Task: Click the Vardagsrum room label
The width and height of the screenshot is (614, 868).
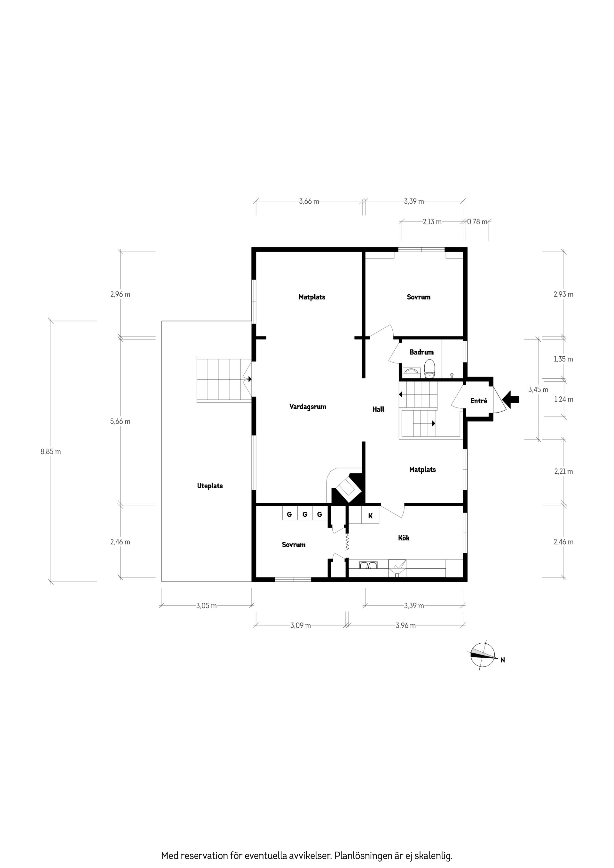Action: pyautogui.click(x=308, y=407)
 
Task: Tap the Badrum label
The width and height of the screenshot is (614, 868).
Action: pyautogui.click(x=421, y=352)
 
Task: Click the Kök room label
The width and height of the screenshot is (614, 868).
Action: pyautogui.click(x=404, y=538)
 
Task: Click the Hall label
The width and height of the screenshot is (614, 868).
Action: pyautogui.click(x=378, y=409)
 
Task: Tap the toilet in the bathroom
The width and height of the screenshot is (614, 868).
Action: pyautogui.click(x=430, y=368)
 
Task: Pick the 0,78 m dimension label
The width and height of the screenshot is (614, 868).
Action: pyautogui.click(x=477, y=222)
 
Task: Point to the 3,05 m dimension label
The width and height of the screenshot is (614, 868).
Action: pyautogui.click(x=206, y=606)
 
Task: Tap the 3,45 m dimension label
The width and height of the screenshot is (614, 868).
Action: pyautogui.click(x=538, y=389)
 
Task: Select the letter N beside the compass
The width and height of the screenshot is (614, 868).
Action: pyautogui.click(x=502, y=660)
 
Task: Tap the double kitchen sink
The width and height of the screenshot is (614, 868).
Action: pyautogui.click(x=368, y=565)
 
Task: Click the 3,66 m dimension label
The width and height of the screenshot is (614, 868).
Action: pyautogui.click(x=309, y=201)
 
